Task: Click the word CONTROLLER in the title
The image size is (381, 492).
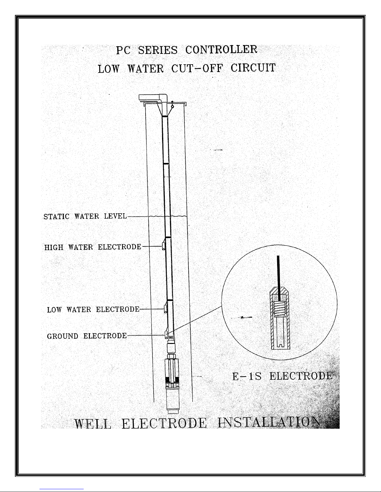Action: pyautogui.click(x=221, y=50)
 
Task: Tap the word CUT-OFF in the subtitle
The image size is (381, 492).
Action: pyautogui.click(x=197, y=68)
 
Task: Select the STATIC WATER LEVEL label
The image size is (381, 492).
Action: pyautogui.click(x=85, y=216)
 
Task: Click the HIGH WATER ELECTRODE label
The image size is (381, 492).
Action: pyautogui.click(x=93, y=247)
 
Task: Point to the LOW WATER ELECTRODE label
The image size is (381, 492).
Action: pyautogui.click(x=93, y=309)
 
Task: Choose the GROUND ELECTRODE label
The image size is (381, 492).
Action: pyautogui.click(x=87, y=336)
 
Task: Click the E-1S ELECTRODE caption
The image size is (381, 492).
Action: pyautogui.click(x=283, y=376)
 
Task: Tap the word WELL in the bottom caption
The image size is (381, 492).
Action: pyautogui.click(x=93, y=424)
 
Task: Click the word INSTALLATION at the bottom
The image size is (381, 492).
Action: pyautogui.click(x=269, y=422)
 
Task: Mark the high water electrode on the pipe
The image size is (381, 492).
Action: pyautogui.click(x=164, y=246)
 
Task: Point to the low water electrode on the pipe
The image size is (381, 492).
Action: pyautogui.click(x=165, y=309)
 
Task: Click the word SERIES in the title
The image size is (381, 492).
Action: pyautogui.click(x=158, y=50)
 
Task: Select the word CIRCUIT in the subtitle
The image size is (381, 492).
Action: pyautogui.click(x=253, y=68)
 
